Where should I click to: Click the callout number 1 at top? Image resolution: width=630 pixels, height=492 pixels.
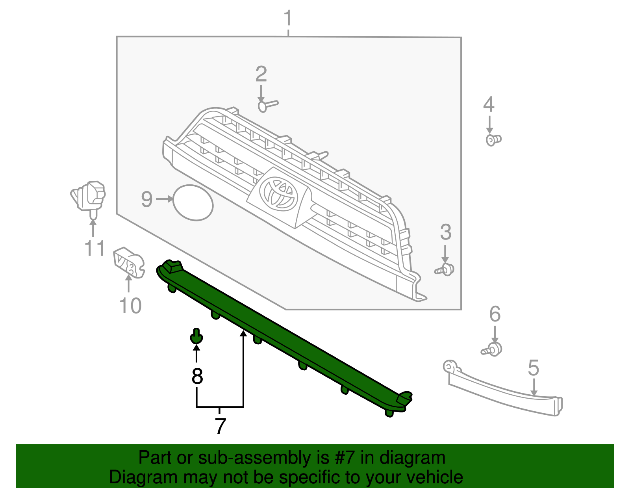pyautogui.click(x=288, y=18)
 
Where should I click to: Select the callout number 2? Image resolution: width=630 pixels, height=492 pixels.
pyautogui.click(x=261, y=74)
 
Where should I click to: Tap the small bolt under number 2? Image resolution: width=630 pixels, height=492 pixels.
pyautogui.click(x=267, y=106)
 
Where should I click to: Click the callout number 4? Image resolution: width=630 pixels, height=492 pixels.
pyautogui.click(x=489, y=104)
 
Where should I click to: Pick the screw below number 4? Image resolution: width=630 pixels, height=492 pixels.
pyautogui.click(x=493, y=139)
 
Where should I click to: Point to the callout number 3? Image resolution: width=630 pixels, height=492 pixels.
pyautogui.click(x=445, y=232)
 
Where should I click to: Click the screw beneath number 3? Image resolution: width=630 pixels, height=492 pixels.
pyautogui.click(x=445, y=270)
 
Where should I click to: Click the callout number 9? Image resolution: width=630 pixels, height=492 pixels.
pyautogui.click(x=146, y=199)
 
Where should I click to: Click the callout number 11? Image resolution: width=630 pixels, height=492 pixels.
pyautogui.click(x=94, y=249)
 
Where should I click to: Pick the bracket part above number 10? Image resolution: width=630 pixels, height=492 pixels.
pyautogui.click(x=128, y=262)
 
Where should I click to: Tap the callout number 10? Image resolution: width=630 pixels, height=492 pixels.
pyautogui.click(x=130, y=306)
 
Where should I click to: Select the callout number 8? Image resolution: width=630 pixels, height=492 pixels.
pyautogui.click(x=197, y=376)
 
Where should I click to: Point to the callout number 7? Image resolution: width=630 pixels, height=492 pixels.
pyautogui.click(x=220, y=426)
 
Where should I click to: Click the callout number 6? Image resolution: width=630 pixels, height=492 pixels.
pyautogui.click(x=495, y=314)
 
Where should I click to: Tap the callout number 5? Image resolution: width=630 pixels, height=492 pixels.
pyautogui.click(x=533, y=368)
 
